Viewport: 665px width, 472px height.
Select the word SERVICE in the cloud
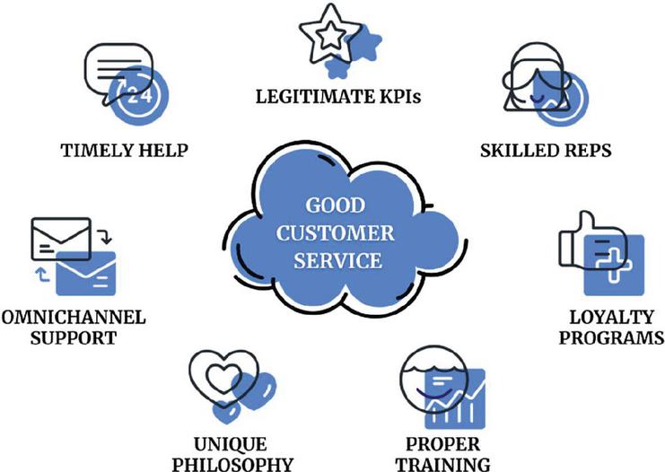pos(334,262)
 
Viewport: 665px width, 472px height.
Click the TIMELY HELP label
pos(125,150)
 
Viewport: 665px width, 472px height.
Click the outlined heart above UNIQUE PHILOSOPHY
pos(215,377)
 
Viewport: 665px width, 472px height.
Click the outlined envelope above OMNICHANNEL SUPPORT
pos(61,238)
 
